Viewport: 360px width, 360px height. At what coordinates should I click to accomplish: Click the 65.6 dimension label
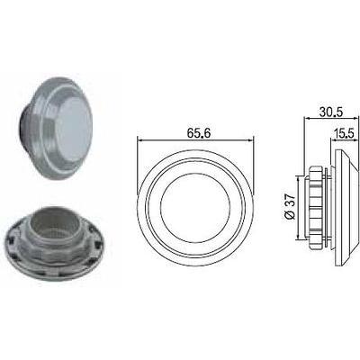click(195, 132)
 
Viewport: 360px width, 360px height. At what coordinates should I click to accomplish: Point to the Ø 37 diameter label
click(290, 207)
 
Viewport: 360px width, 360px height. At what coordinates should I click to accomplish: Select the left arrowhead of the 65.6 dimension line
click(139, 139)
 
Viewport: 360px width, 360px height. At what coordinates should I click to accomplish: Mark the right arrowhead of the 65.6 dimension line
click(250, 139)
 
